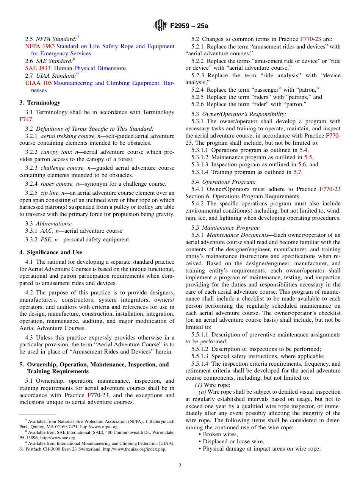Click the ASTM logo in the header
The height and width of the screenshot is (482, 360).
tap(160, 25)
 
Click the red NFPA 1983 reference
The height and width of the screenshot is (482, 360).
tap(40, 46)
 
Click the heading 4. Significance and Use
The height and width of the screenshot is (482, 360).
tap(51, 252)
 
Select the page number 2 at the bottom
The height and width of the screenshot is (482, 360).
tap(180, 466)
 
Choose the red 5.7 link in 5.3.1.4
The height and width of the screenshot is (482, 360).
tap(297, 172)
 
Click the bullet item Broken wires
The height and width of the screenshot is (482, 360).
tap(220, 434)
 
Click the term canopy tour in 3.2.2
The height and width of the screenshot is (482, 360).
tap(53, 152)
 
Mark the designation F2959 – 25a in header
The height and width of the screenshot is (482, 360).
tap(189, 26)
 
